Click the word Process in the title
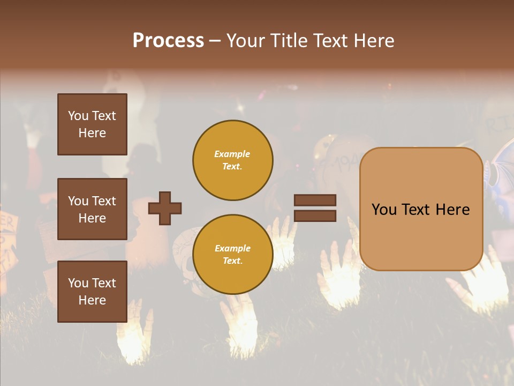click(x=168, y=41)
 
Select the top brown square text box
click(x=92, y=124)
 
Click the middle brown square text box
click(x=92, y=209)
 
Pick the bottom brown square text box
click(x=92, y=292)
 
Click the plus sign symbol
click(x=165, y=208)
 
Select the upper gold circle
click(x=233, y=160)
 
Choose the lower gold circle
click(x=233, y=255)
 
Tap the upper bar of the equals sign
click(x=315, y=200)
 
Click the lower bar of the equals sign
click(x=315, y=216)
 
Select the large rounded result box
click(x=421, y=209)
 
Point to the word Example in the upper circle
click(x=232, y=154)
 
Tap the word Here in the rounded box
click(x=452, y=210)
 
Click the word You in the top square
click(x=78, y=116)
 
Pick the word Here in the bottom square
click(x=92, y=300)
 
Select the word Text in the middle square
click(x=104, y=201)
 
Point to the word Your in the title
click(x=246, y=41)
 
